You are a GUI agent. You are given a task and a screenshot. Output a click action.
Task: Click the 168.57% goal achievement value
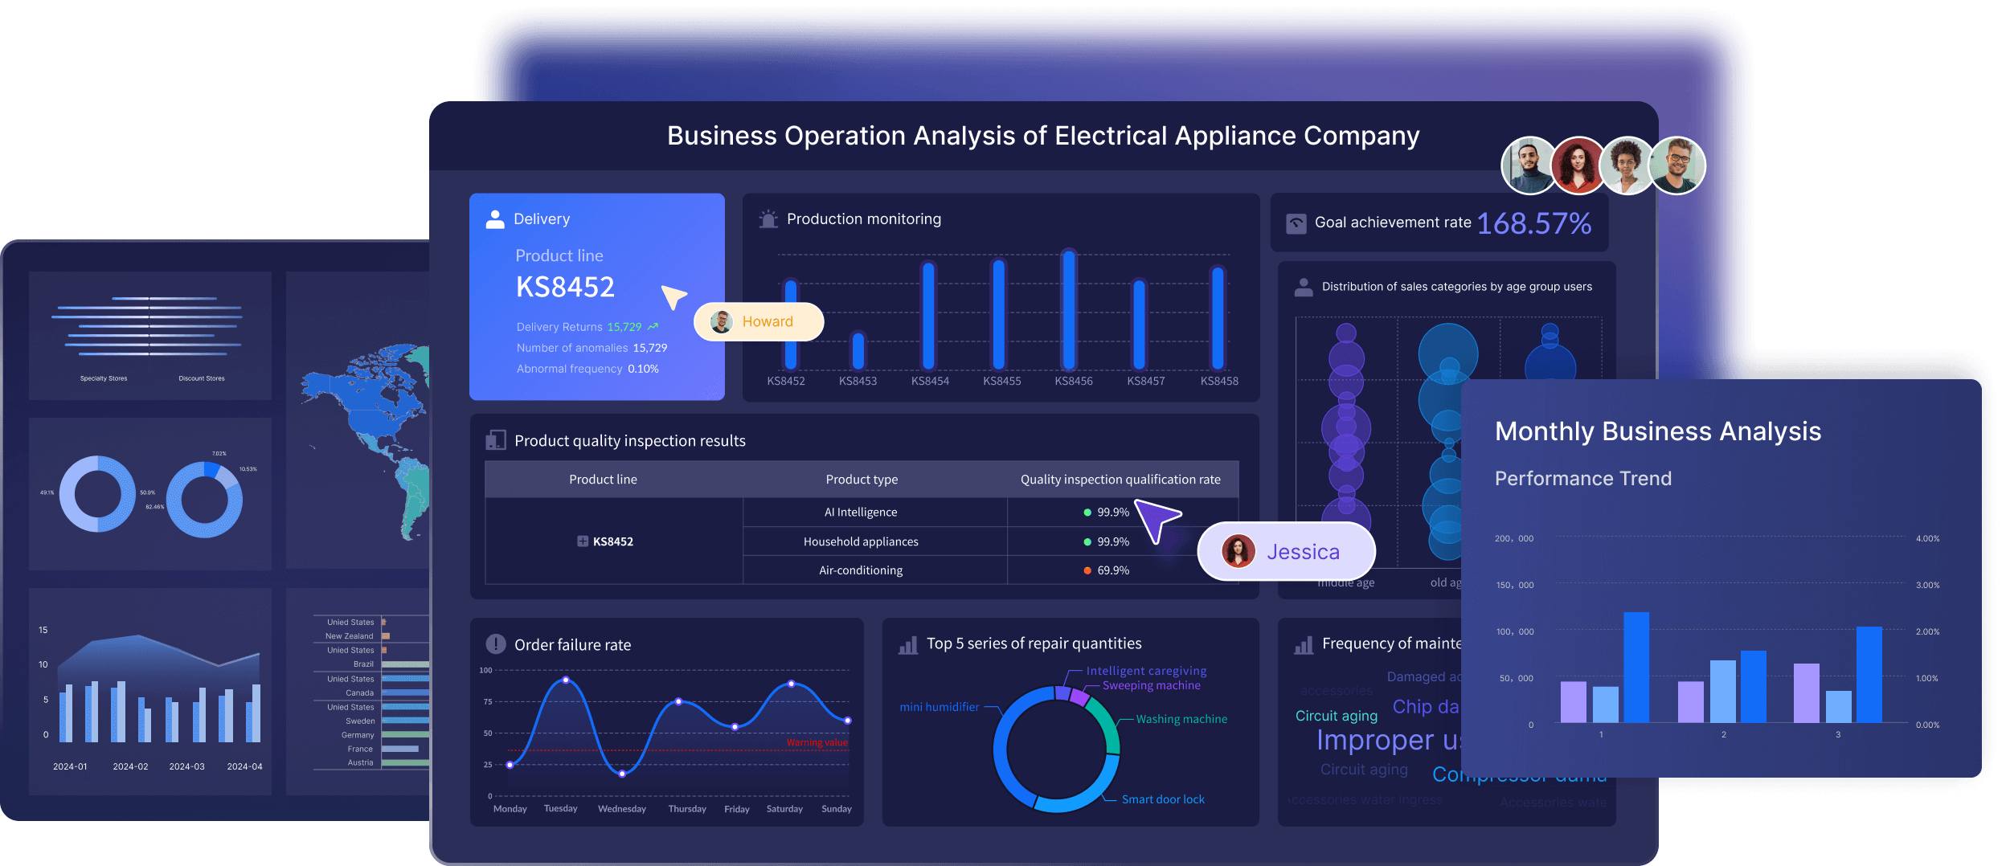click(1533, 223)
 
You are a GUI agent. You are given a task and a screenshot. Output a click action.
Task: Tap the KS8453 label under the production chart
click(858, 381)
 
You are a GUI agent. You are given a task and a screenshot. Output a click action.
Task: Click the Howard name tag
click(759, 321)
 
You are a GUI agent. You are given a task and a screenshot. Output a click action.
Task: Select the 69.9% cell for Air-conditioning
click(1112, 570)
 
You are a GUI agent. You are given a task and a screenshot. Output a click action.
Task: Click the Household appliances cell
click(861, 541)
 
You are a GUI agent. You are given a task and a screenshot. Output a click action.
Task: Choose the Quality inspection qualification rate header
click(1120, 480)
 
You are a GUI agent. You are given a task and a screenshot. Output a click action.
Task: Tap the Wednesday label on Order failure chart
click(622, 809)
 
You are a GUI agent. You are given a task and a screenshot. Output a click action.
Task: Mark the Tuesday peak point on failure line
click(567, 680)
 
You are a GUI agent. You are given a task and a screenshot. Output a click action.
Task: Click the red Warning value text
click(817, 742)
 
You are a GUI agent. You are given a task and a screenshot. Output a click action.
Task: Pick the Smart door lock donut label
click(1163, 799)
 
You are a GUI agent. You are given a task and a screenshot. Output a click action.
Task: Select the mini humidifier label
click(939, 707)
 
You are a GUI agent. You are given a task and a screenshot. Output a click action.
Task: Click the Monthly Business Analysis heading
click(1657, 431)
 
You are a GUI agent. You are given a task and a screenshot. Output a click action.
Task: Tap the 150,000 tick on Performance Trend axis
click(1514, 585)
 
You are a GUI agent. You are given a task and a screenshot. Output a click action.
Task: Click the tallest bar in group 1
click(1636, 667)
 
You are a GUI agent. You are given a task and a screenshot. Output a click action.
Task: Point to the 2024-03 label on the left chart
click(186, 766)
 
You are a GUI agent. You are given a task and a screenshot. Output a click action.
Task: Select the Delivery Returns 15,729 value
click(624, 327)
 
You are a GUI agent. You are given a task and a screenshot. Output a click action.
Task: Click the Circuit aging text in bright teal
click(1336, 716)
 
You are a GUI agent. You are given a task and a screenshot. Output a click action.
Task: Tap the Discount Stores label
click(202, 378)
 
